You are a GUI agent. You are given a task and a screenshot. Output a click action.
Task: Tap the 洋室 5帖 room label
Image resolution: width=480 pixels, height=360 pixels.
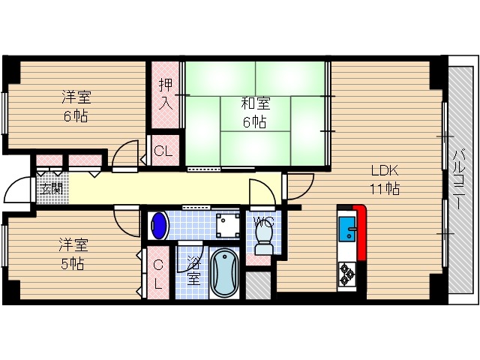pos(73,253)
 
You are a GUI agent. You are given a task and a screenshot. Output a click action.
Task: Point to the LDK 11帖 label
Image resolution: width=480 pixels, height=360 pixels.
pos(382,178)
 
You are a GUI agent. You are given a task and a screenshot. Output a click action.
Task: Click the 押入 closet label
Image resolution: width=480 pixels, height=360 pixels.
pos(166,92)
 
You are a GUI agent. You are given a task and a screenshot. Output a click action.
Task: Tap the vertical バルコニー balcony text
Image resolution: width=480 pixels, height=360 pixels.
pos(457,181)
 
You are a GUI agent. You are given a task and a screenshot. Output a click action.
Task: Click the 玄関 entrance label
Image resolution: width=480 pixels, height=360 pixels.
pos(51,188)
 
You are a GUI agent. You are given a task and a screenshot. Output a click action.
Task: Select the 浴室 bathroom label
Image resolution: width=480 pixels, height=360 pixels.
pos(193,271)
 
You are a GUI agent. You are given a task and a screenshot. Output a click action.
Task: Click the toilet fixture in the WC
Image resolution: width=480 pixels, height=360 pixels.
pos(262,238)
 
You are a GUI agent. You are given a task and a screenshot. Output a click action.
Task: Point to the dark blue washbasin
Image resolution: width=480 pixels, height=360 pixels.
pos(159,224)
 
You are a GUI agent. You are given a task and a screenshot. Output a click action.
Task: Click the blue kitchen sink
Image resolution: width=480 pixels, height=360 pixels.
pos(347,229)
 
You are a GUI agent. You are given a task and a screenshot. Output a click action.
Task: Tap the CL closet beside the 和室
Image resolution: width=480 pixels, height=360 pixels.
pos(163,151)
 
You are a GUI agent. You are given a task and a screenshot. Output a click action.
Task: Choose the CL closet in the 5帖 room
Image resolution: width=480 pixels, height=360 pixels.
pos(158,274)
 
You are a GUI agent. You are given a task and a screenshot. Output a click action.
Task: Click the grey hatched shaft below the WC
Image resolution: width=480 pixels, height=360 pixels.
pos(258,284)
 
